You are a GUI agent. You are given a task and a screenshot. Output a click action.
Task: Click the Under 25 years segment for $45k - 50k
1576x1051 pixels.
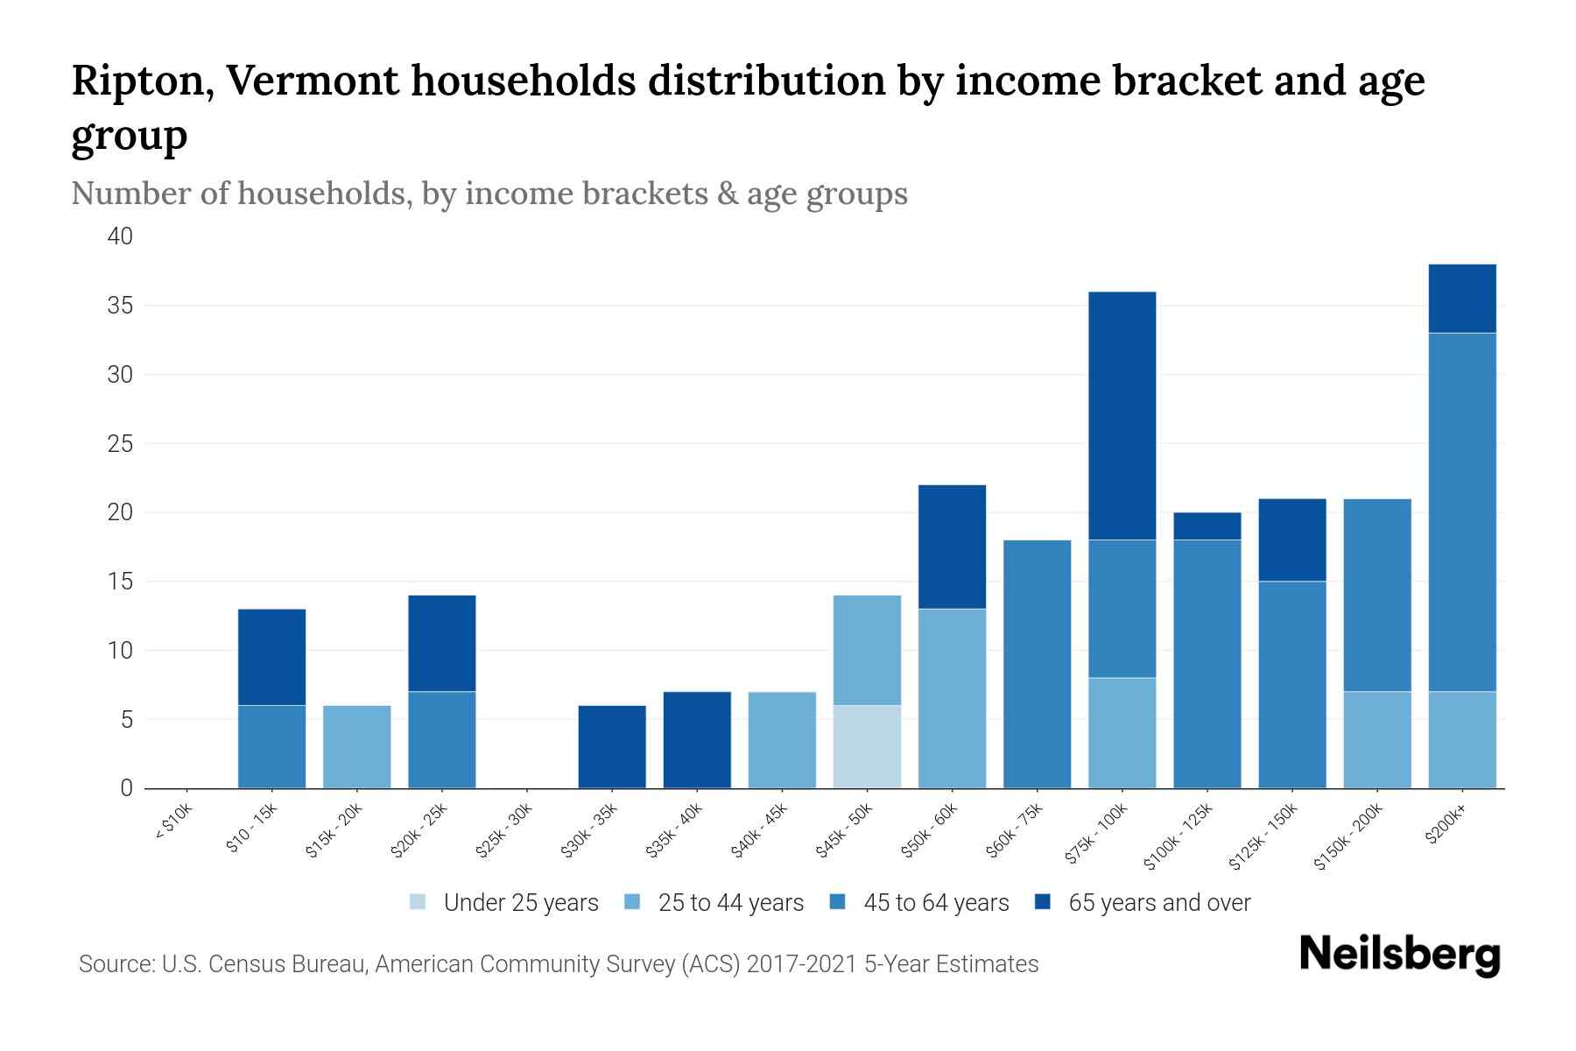pos(867,746)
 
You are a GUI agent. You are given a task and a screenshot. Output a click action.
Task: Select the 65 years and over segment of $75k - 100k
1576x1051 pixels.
pos(1122,415)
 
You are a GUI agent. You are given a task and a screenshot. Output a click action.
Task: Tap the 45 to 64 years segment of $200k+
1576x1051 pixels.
pos(1461,511)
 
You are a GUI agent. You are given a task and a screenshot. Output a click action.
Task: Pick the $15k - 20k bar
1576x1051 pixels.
pos(356,746)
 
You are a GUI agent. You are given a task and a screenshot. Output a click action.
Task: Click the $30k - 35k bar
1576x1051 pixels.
pos(612,746)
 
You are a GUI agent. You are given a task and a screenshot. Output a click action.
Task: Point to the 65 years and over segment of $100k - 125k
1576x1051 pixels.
pos(1207,525)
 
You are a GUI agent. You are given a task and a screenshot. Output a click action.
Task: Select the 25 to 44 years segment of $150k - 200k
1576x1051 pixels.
pos(1376,739)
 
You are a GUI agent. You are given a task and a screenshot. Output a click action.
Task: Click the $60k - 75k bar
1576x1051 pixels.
pos(1037,664)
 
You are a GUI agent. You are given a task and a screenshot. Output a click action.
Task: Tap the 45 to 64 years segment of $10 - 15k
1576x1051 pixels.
pos(271,746)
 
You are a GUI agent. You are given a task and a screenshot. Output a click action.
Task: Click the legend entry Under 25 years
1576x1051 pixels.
pos(520,903)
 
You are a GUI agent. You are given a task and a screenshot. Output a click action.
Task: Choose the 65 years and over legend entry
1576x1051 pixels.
pos(1158,903)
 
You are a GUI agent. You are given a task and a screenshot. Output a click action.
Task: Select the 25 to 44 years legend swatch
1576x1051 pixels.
pos(632,903)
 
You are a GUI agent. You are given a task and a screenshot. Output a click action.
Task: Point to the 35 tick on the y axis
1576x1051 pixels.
pos(121,306)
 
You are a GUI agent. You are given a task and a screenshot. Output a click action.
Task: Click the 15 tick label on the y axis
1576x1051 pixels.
pos(121,582)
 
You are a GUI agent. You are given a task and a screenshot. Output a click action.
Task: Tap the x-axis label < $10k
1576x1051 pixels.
pos(173,824)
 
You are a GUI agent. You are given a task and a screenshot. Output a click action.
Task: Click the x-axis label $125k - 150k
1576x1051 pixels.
pos(1263,836)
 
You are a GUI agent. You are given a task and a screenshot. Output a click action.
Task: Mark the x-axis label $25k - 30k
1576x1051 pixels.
pos(503,829)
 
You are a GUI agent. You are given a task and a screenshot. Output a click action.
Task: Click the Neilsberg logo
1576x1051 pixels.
pos(1399,956)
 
